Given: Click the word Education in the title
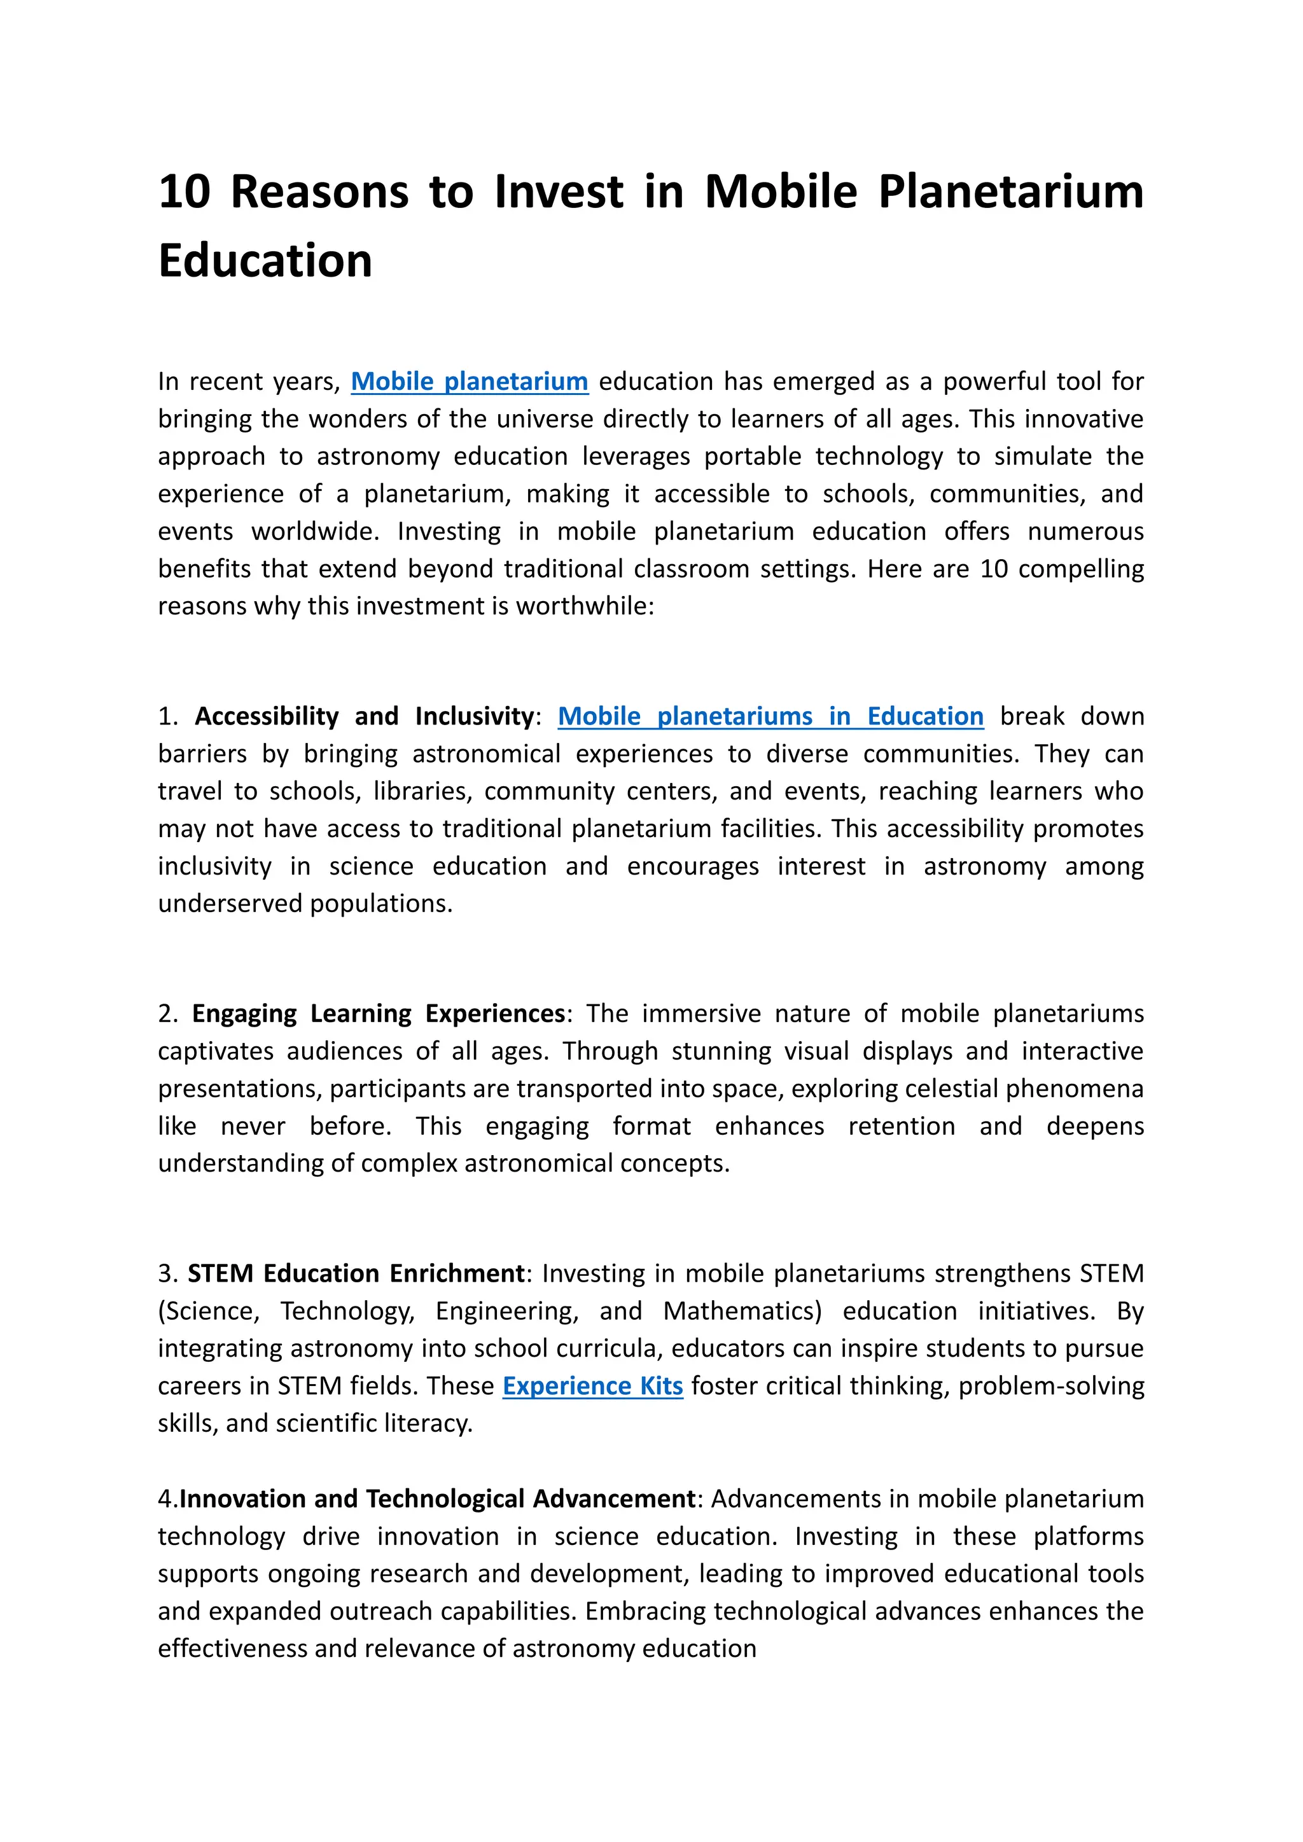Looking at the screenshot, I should pyautogui.click(x=265, y=261).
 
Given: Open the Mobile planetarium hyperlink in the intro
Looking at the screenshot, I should pyautogui.click(x=470, y=381).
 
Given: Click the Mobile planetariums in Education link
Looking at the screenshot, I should pyautogui.click(x=770, y=716).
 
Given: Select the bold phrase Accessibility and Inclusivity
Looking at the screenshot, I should pyautogui.click(x=365, y=716).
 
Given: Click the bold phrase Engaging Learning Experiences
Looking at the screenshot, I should pyautogui.click(x=379, y=1014).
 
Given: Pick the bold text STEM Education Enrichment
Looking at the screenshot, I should pyautogui.click(x=356, y=1274).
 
